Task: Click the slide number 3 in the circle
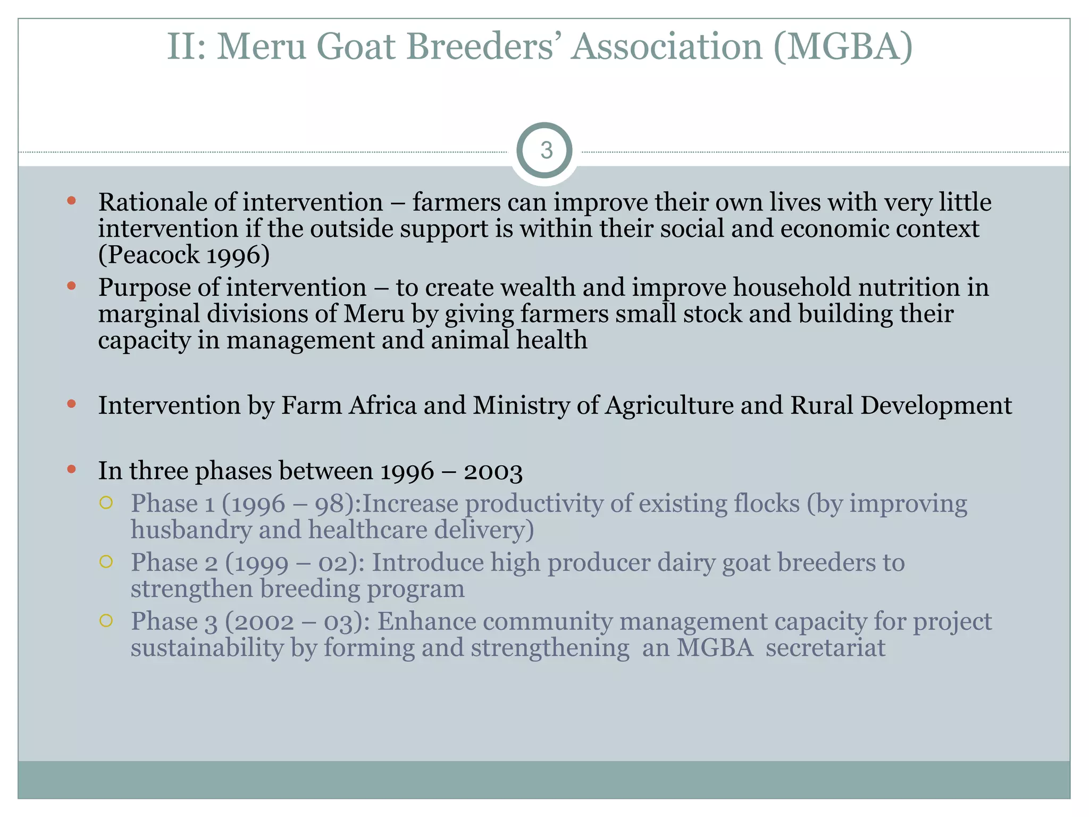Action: tap(546, 151)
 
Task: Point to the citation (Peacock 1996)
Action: tap(184, 255)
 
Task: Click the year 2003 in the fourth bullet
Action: tap(493, 471)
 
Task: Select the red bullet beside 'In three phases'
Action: tap(72, 469)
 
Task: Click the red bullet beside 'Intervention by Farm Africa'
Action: tap(72, 404)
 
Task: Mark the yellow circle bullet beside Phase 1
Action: tap(106, 503)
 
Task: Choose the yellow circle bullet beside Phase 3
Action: tap(106, 620)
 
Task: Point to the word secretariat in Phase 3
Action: tap(825, 648)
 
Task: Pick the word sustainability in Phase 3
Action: tap(207, 648)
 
